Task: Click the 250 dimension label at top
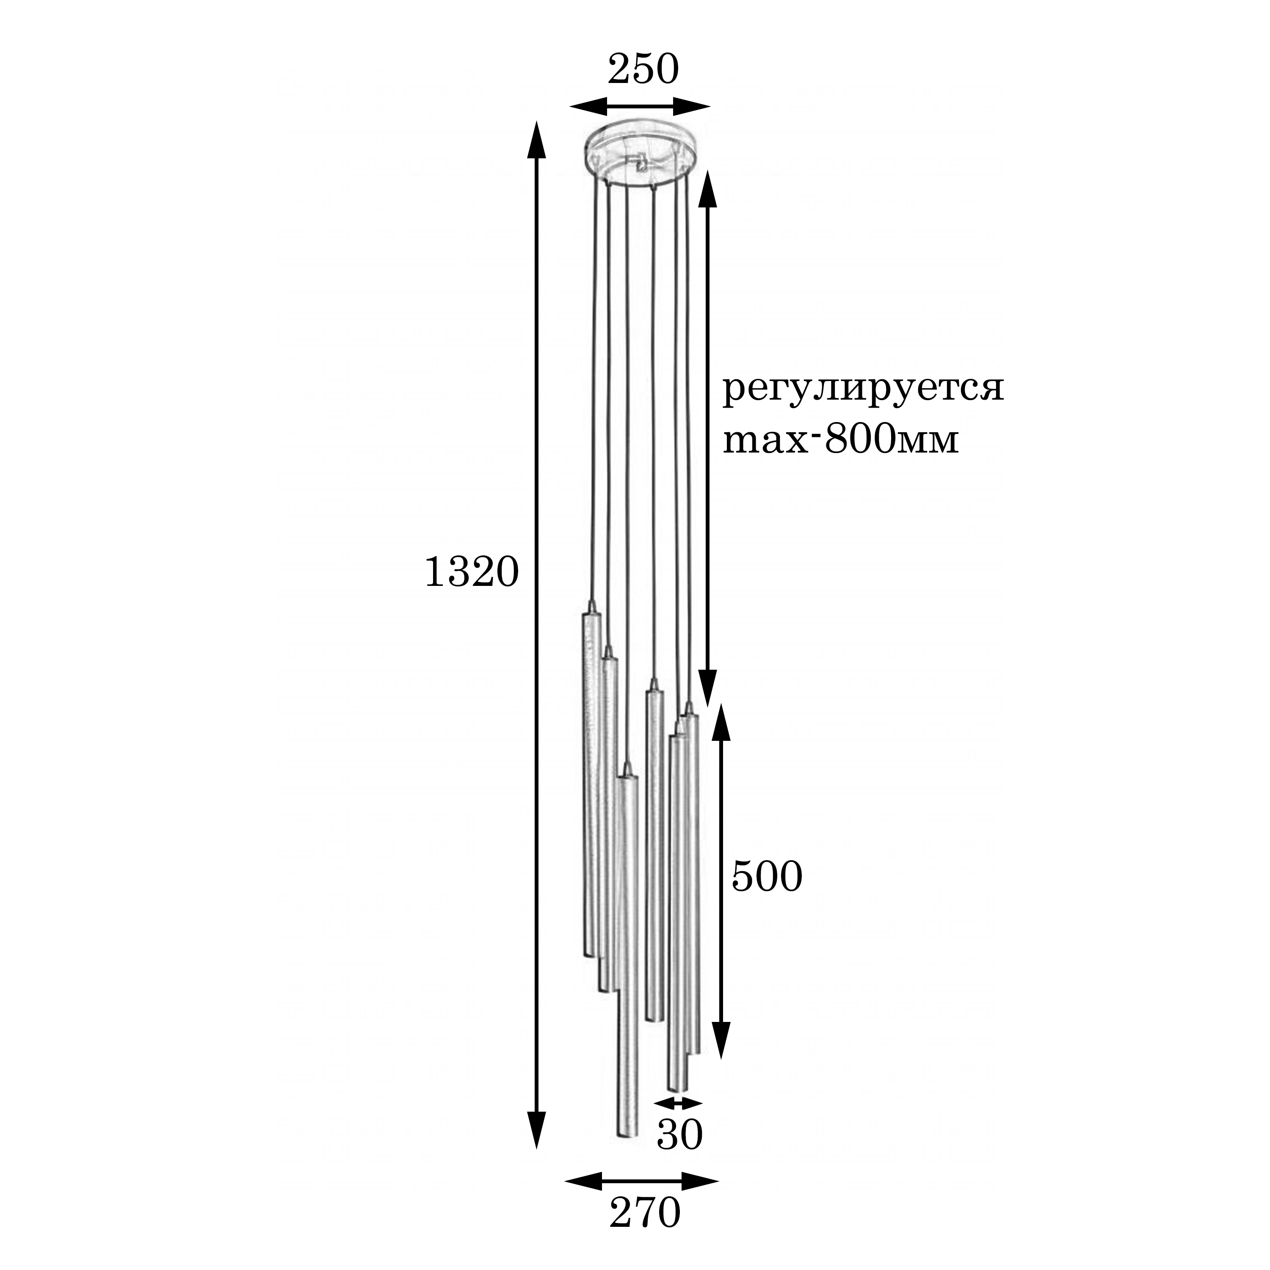click(642, 70)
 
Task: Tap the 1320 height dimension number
click(472, 572)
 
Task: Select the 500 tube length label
click(767, 876)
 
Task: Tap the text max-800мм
click(841, 440)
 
